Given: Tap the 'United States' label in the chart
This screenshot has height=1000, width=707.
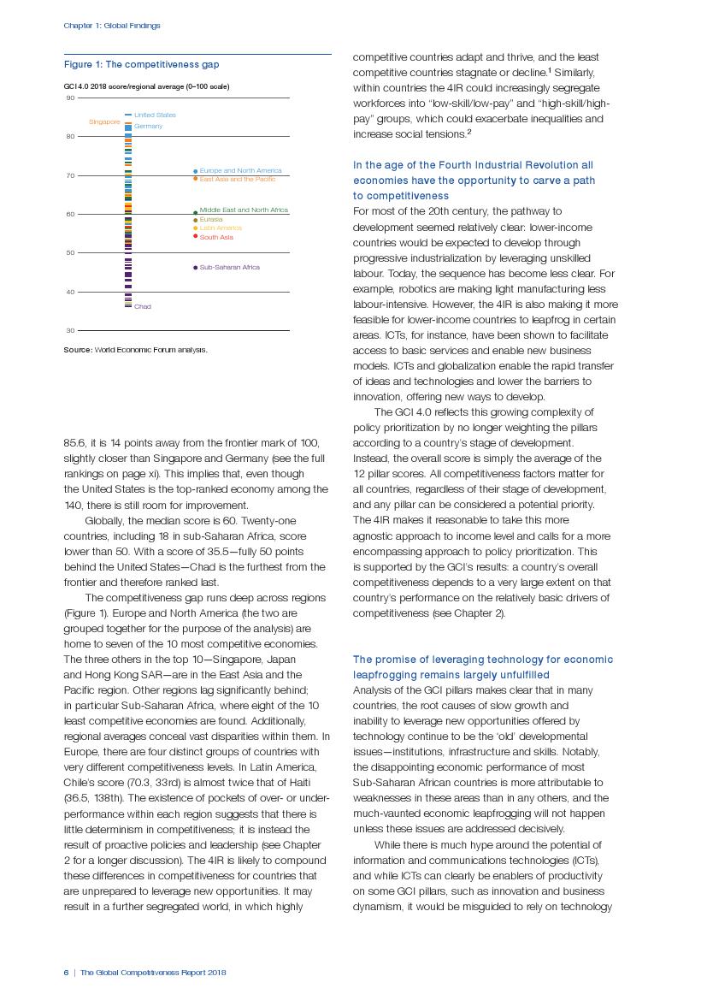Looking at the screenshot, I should coord(155,115).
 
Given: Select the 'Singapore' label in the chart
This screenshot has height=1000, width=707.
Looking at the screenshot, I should coord(104,122).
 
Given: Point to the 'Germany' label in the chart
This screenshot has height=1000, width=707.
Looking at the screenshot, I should coord(148,127).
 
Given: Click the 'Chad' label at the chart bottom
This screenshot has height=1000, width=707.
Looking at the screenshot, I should coord(143,306).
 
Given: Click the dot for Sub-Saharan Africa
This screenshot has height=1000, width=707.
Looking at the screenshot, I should coord(196,268).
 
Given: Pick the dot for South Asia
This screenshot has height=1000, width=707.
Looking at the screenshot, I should coord(196,237).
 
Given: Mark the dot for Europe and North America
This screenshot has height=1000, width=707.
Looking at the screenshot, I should coord(196,171).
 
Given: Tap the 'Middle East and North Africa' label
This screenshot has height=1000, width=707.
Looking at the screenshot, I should coord(244,210).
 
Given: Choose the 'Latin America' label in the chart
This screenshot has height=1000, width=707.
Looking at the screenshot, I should coord(221,228).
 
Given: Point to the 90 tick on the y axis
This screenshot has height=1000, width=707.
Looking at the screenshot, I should coord(69,98).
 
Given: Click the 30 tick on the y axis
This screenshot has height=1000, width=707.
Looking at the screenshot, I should coord(69,330).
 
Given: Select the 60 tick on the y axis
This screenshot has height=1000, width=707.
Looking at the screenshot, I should coord(69,214).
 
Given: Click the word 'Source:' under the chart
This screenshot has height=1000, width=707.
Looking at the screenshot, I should coord(78,350).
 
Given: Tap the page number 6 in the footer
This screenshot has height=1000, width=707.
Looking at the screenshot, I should coord(66,973).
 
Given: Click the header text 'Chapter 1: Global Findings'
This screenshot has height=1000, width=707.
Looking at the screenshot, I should coord(112,26).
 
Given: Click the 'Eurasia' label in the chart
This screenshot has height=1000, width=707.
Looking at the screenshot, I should coord(211,220).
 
